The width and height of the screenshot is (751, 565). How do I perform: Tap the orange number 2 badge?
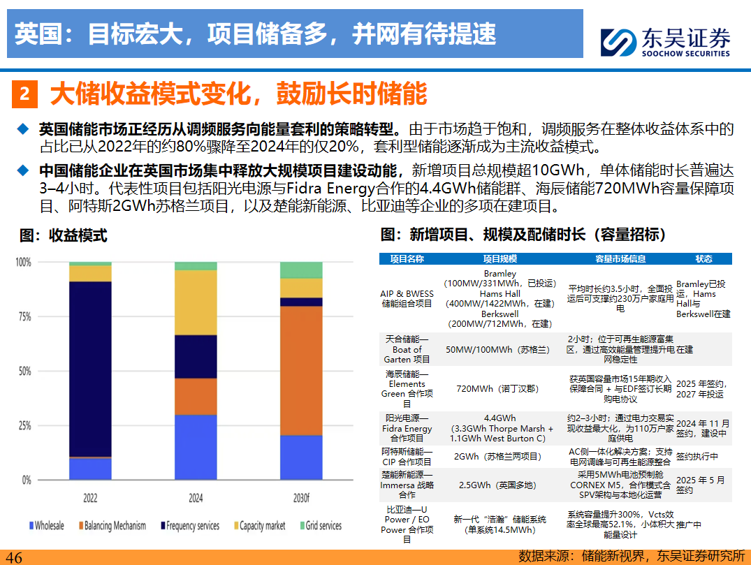(x=24, y=94)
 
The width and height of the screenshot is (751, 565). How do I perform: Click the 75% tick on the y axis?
(x=23, y=316)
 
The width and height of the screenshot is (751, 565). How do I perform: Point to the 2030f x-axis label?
(x=301, y=499)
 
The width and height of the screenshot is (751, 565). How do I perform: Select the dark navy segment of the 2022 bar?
(x=90, y=369)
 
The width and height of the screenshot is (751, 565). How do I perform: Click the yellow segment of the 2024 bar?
(x=196, y=302)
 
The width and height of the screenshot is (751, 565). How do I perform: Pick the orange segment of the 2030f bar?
(x=301, y=370)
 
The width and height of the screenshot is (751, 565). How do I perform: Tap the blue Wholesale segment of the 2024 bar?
(x=196, y=447)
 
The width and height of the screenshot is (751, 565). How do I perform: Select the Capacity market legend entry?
(x=258, y=525)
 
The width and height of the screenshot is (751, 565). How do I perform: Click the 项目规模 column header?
(x=500, y=258)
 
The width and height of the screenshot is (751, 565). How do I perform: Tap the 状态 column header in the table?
(x=703, y=258)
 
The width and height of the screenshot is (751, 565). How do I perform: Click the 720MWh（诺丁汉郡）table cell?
(x=500, y=388)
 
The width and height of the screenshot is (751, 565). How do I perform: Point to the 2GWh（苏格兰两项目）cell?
(x=500, y=457)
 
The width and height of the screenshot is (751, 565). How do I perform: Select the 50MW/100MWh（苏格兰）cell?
(x=500, y=349)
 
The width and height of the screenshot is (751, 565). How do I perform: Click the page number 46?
(x=14, y=557)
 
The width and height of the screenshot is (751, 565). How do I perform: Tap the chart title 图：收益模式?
(x=64, y=235)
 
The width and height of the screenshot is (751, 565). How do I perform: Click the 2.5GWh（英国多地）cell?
(x=500, y=485)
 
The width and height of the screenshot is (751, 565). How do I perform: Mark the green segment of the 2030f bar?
(x=301, y=270)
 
